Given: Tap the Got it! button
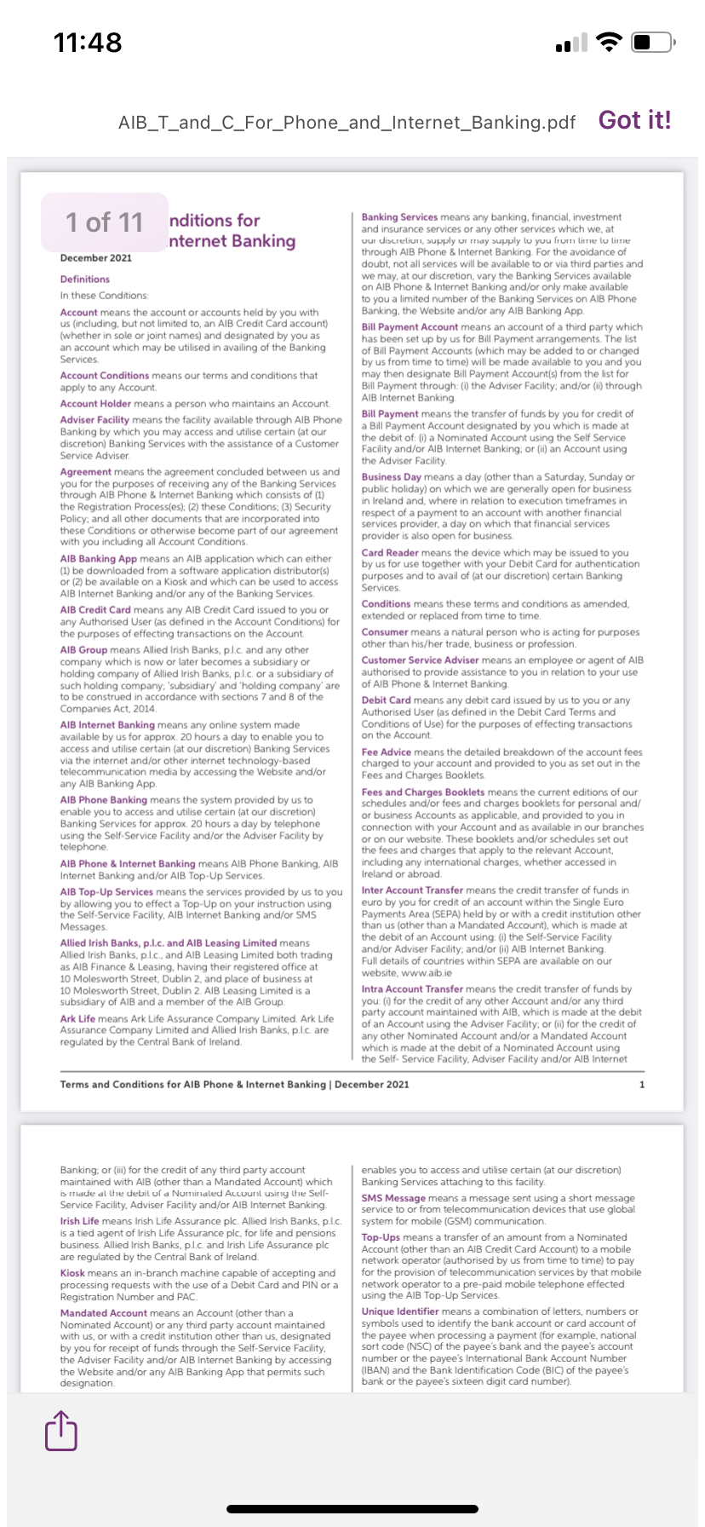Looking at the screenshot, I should [x=634, y=120].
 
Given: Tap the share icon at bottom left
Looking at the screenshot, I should [x=60, y=1430].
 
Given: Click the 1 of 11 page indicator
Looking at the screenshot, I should [x=104, y=222].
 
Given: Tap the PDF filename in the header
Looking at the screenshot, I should [x=347, y=123].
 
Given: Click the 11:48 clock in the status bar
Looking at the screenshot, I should [x=88, y=42].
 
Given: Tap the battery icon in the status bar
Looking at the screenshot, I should [x=654, y=42].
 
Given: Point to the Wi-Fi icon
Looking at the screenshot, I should [x=609, y=42].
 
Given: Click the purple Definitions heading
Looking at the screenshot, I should [x=84, y=279].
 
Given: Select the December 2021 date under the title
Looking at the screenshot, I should [x=95, y=257].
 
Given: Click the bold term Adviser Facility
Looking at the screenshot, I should [x=95, y=419].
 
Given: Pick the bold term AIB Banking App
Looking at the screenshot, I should [x=98, y=559].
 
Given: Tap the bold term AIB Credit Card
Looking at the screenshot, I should [x=95, y=610].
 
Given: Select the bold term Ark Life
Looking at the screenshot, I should [x=77, y=1018].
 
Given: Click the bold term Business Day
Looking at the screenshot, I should [x=391, y=477].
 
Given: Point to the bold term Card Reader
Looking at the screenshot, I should [x=390, y=553].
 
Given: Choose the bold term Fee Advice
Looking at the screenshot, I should [x=386, y=752].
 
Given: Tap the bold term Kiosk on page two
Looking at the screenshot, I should [x=72, y=1273].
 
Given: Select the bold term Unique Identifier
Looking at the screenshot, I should [x=400, y=1311].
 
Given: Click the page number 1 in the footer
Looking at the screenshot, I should [x=641, y=1085].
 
